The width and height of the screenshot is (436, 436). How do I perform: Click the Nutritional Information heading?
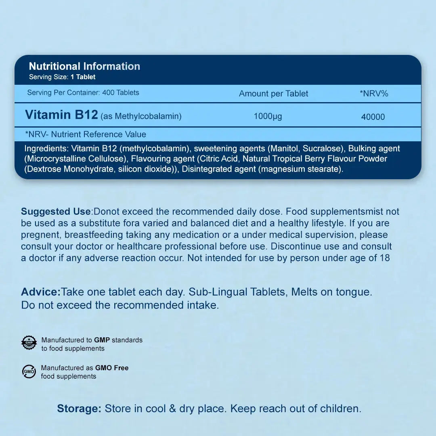tap(84, 66)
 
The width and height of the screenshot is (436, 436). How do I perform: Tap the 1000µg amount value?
tap(268, 117)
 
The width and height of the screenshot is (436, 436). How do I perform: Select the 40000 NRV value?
tap(373, 117)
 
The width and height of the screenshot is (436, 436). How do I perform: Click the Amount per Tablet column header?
tap(273, 94)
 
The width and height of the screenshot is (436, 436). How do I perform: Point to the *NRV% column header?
tap(374, 94)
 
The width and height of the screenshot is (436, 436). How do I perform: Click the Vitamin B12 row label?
tap(61, 115)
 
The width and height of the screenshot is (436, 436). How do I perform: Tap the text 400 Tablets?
tap(121, 92)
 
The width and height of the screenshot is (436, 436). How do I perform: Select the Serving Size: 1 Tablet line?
tap(62, 77)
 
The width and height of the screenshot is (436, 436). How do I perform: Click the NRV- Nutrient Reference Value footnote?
tap(86, 134)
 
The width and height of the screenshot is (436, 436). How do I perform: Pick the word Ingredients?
tap(46, 149)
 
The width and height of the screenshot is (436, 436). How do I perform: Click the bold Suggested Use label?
tap(56, 212)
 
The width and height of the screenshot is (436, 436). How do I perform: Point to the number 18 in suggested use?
tap(385, 258)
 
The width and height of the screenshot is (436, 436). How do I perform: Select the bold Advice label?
tap(40, 292)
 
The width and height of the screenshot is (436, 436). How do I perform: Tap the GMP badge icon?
tap(29, 343)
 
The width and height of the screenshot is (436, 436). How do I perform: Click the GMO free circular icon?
tap(29, 371)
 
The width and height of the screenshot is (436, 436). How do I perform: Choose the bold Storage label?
tap(79, 409)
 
